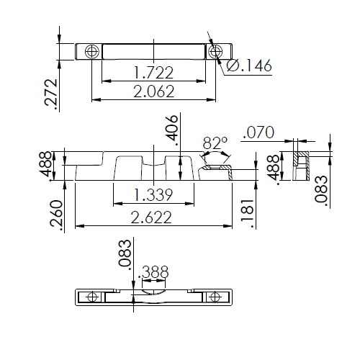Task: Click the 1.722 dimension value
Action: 153,72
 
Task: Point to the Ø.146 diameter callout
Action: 248,67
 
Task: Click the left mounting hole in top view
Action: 90,52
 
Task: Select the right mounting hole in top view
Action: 215,52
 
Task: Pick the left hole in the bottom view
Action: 90,297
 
